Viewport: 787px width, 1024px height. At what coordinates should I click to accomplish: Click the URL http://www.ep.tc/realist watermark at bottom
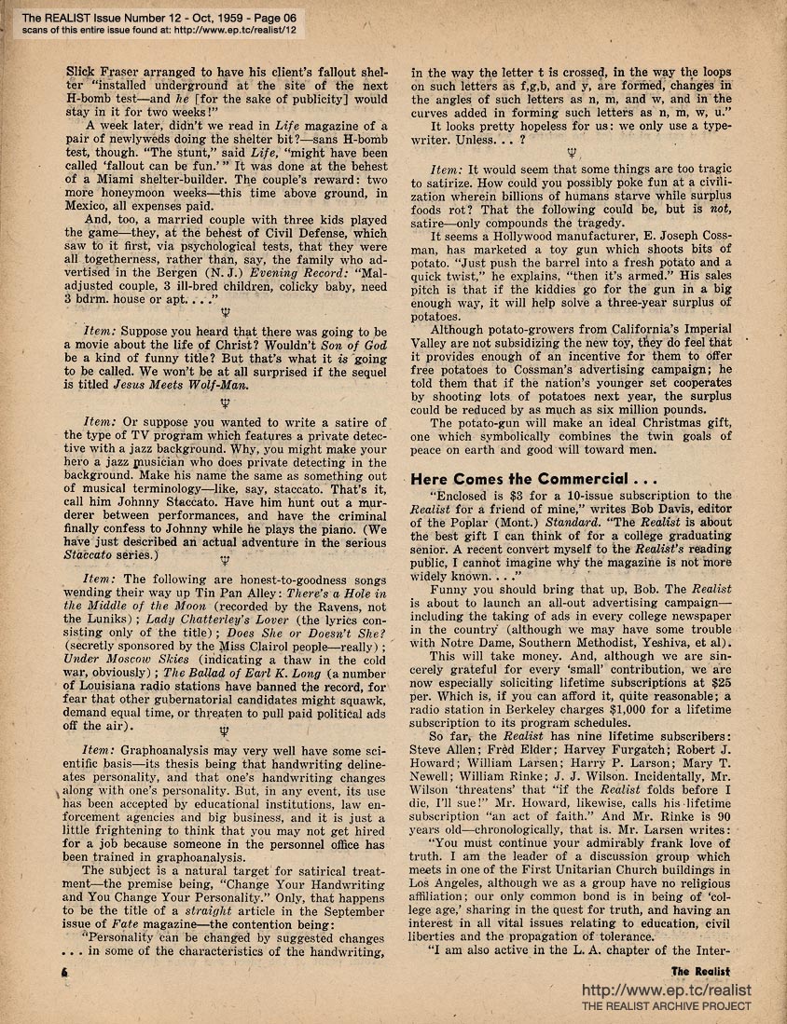point(666,990)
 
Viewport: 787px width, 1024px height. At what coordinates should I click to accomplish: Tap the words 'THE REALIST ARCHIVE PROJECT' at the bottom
point(666,1007)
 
